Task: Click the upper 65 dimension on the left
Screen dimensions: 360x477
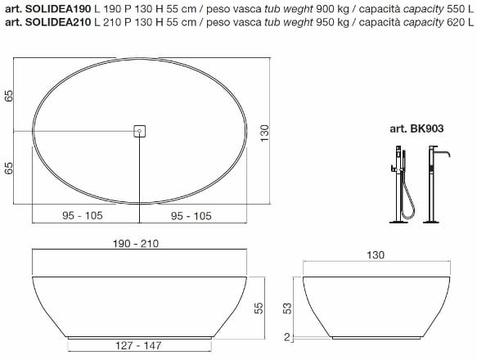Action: (x=9, y=96)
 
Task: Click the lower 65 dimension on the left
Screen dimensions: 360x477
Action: (x=9, y=169)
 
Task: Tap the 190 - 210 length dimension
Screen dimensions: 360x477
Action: (x=136, y=244)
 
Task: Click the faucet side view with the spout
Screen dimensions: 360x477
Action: (x=436, y=183)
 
